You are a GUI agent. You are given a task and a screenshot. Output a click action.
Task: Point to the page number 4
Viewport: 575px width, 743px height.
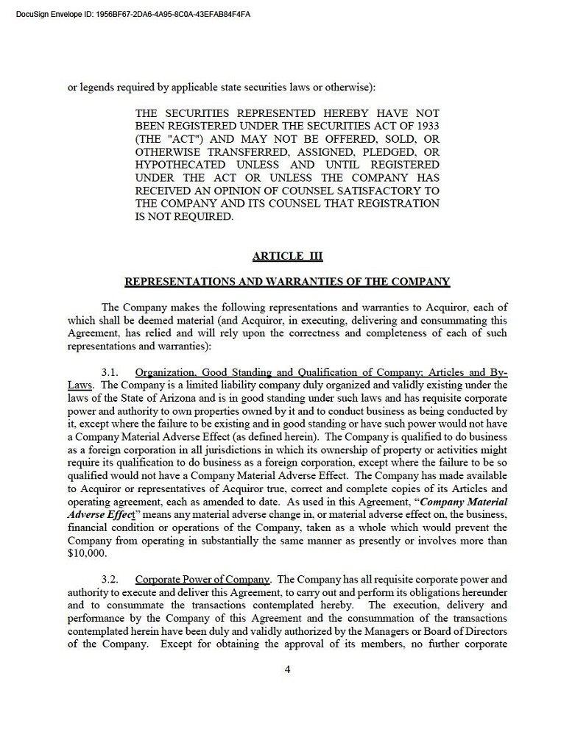[x=287, y=669]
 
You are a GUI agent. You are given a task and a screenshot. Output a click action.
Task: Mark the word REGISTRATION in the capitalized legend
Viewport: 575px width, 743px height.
[x=398, y=203]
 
